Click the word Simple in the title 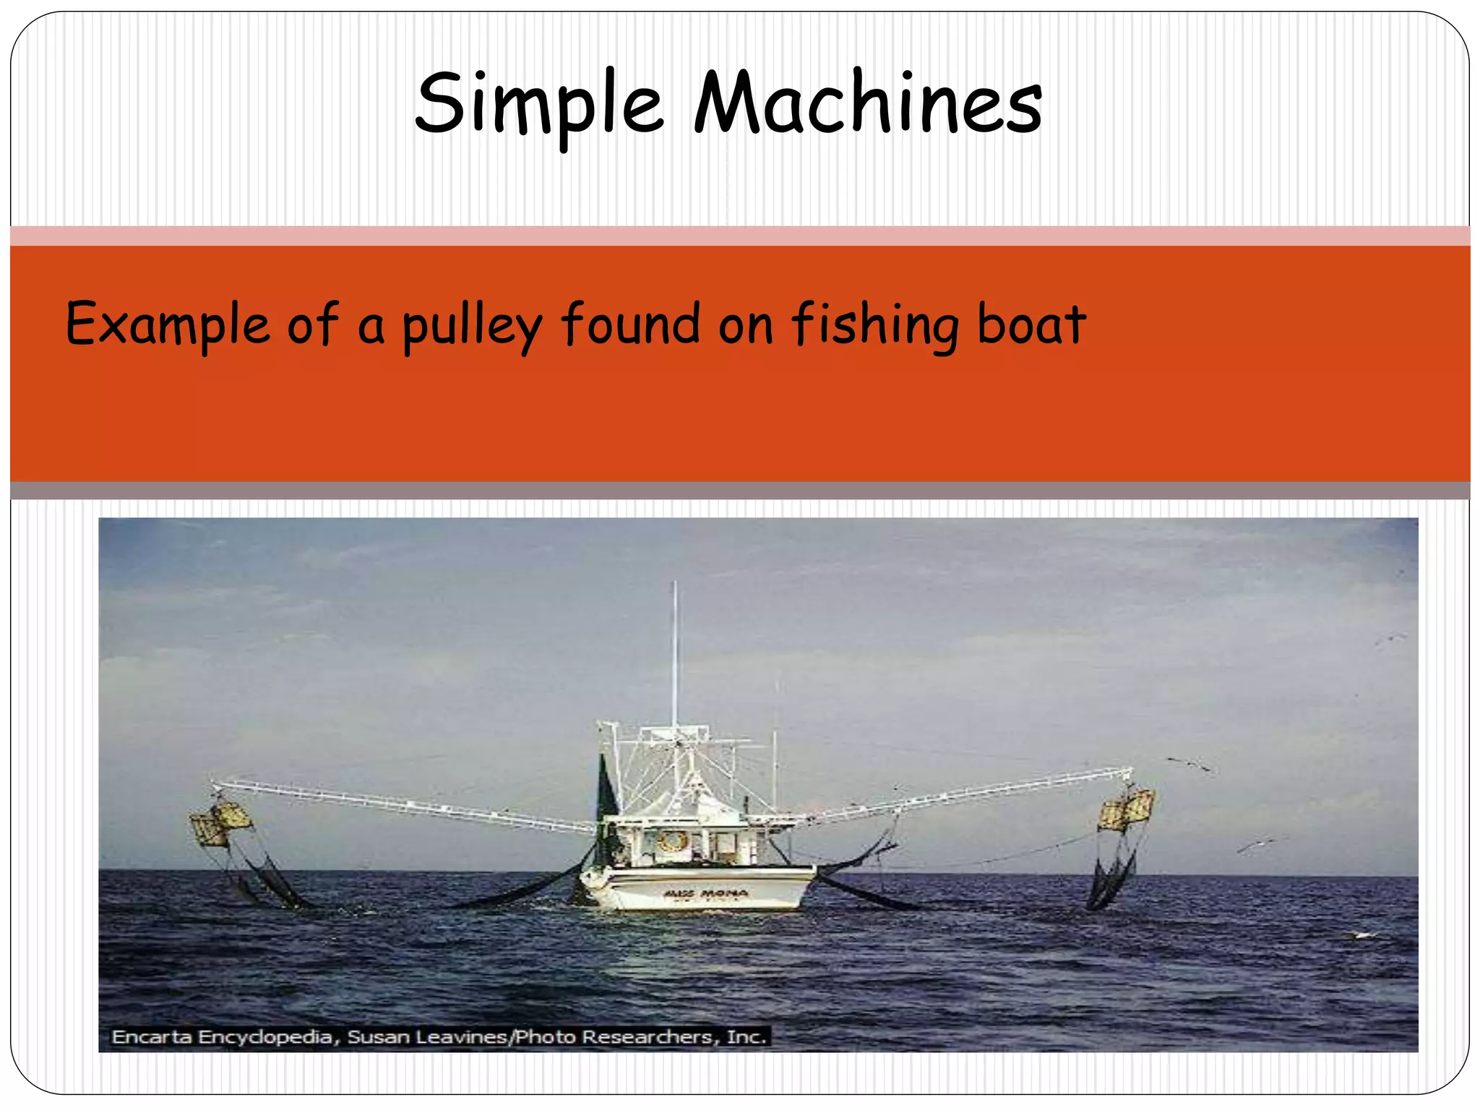pos(539,103)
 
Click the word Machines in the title pos(868,103)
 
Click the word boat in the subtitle pos(1031,324)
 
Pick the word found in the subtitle pos(631,324)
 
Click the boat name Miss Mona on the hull pos(695,894)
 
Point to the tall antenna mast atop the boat pos(675,650)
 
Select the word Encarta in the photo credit pos(152,1037)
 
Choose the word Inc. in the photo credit pos(747,1037)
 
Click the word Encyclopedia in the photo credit pos(266,1038)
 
